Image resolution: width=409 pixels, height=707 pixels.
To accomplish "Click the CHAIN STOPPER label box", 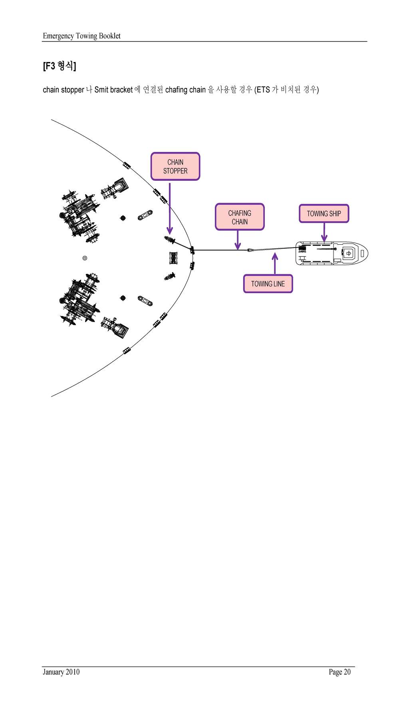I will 175,166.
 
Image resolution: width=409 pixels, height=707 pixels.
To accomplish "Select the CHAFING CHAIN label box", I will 240,217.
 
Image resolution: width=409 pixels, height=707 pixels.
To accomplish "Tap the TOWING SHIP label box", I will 324,214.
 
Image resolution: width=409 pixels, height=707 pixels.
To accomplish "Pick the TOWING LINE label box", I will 268,284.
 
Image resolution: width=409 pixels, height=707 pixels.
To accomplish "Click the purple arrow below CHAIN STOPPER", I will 170,208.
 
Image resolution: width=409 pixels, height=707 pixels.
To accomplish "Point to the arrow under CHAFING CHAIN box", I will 238,240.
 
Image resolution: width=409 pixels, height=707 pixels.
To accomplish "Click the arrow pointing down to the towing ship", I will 324,232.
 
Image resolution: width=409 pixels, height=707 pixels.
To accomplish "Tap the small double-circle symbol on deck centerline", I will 85,258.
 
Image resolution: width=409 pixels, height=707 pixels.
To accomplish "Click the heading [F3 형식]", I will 59,66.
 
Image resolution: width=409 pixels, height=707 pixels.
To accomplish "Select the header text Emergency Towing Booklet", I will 81,36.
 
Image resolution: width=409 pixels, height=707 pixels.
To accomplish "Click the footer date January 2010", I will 61,672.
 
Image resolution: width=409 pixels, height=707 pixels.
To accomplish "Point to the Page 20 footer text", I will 340,672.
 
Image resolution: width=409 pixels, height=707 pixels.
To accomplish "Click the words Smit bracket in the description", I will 113,90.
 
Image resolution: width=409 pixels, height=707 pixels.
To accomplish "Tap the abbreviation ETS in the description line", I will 263,90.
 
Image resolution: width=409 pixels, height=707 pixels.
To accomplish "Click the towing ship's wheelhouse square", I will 349,254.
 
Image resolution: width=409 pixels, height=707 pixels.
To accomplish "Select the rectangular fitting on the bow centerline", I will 173,258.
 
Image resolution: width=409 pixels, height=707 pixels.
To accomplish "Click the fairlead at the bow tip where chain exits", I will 192,250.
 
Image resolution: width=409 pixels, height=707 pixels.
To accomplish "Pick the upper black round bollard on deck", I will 123,218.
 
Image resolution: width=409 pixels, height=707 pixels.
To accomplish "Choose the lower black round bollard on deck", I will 123,298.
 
